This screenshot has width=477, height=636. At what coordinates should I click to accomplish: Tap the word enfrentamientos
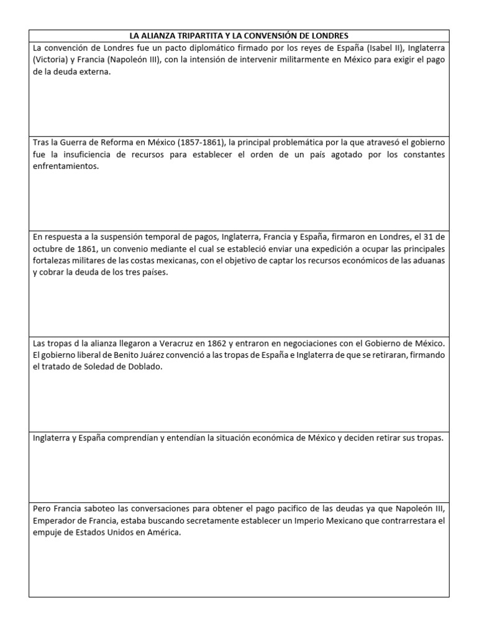(66, 167)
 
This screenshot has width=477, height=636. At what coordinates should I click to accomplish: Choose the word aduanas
(430, 261)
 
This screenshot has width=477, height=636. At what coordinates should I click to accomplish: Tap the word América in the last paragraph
(164, 533)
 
